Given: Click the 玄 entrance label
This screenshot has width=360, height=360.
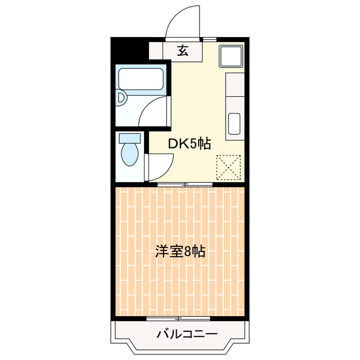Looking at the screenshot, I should (x=182, y=51).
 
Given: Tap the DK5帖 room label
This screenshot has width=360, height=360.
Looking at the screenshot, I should (x=190, y=144).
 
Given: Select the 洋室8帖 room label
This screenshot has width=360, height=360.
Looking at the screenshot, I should (x=180, y=251).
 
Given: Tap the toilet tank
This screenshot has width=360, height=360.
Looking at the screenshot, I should (x=130, y=138).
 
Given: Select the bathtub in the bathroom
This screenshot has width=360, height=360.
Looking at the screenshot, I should (x=141, y=80).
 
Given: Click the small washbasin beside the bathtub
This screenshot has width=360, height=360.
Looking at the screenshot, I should (x=121, y=99).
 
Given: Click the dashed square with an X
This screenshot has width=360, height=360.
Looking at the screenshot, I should (x=229, y=166).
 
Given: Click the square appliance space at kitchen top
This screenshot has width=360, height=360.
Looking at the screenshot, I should (x=231, y=57).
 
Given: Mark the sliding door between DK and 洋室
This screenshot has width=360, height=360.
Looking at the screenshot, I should (x=185, y=184).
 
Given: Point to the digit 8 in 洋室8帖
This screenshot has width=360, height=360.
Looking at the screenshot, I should (x=188, y=251).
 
